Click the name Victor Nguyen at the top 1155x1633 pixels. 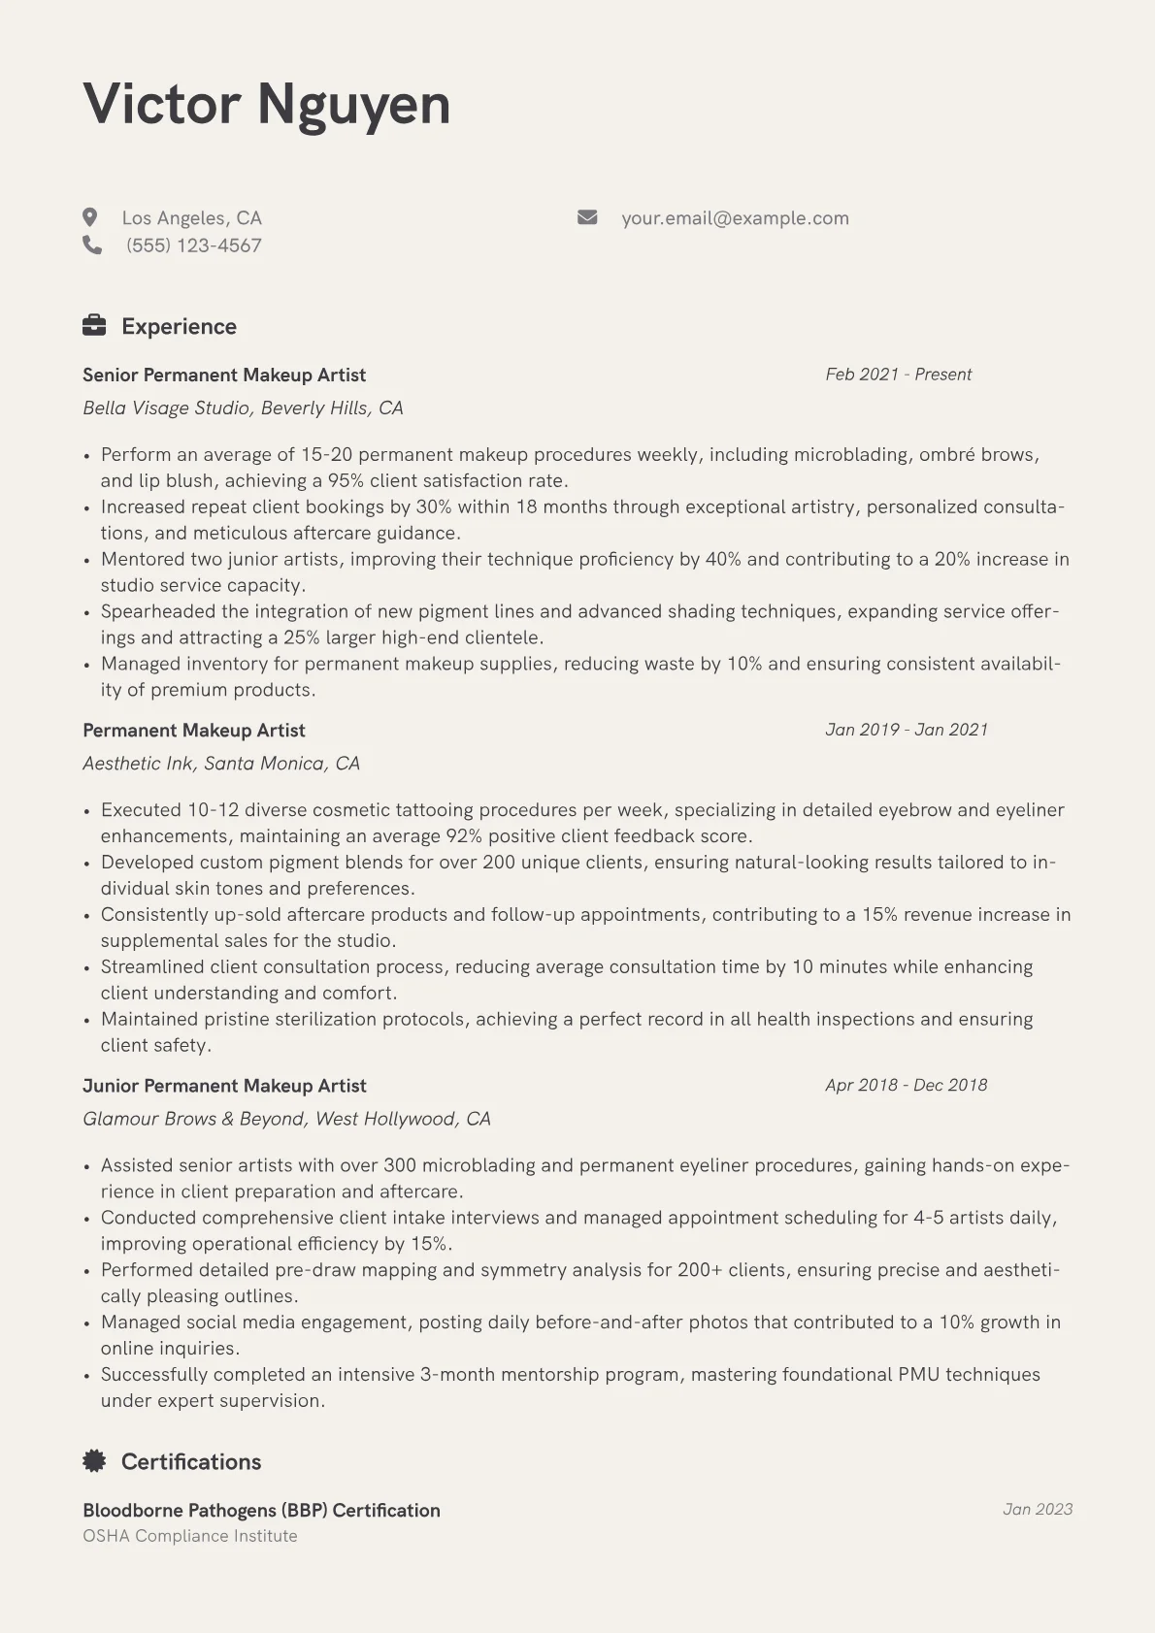click(267, 104)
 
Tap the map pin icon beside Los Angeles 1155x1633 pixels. click(90, 217)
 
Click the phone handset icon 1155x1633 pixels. click(92, 245)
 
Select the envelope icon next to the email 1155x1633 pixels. click(587, 217)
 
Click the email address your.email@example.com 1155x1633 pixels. click(735, 218)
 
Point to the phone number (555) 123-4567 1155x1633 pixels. click(193, 245)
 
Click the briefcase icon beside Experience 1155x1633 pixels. click(94, 326)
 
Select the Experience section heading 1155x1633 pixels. click(179, 327)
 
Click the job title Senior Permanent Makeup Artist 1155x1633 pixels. click(224, 376)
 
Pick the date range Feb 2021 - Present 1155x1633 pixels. click(898, 375)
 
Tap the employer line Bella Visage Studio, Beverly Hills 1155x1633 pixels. click(243, 408)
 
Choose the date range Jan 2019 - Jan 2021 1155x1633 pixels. click(907, 730)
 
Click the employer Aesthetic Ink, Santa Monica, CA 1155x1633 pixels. click(221, 764)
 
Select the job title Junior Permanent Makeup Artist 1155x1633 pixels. click(224, 1086)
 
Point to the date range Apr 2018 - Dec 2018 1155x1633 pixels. click(906, 1085)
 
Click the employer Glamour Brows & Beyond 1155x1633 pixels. click(286, 1119)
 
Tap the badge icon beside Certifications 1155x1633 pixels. click(94, 1461)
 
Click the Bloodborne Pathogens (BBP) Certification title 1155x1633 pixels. click(261, 1511)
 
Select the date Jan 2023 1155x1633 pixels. click(1037, 1510)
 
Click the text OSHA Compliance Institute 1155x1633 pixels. click(190, 1536)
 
